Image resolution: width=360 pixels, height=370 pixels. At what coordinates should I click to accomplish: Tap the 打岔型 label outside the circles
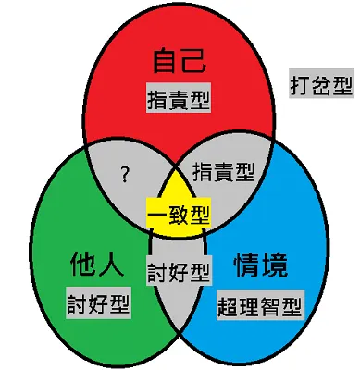point(319,84)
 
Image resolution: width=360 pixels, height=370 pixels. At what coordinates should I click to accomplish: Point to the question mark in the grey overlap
point(124,172)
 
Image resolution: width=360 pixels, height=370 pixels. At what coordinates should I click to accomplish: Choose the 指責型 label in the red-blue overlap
point(223,171)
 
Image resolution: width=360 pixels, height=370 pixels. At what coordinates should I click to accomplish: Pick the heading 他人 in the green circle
point(96,266)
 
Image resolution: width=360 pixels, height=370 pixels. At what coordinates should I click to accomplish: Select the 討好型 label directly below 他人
point(98,302)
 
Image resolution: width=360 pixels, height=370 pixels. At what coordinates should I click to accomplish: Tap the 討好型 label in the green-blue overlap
point(179,273)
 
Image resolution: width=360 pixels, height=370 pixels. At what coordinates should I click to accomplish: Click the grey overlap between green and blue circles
point(178,314)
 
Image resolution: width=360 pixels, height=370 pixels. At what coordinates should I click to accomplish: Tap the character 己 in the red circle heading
point(192,63)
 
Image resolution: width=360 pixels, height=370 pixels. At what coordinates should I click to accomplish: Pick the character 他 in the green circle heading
point(82,266)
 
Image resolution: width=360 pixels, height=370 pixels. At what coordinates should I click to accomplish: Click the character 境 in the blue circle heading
point(278,266)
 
